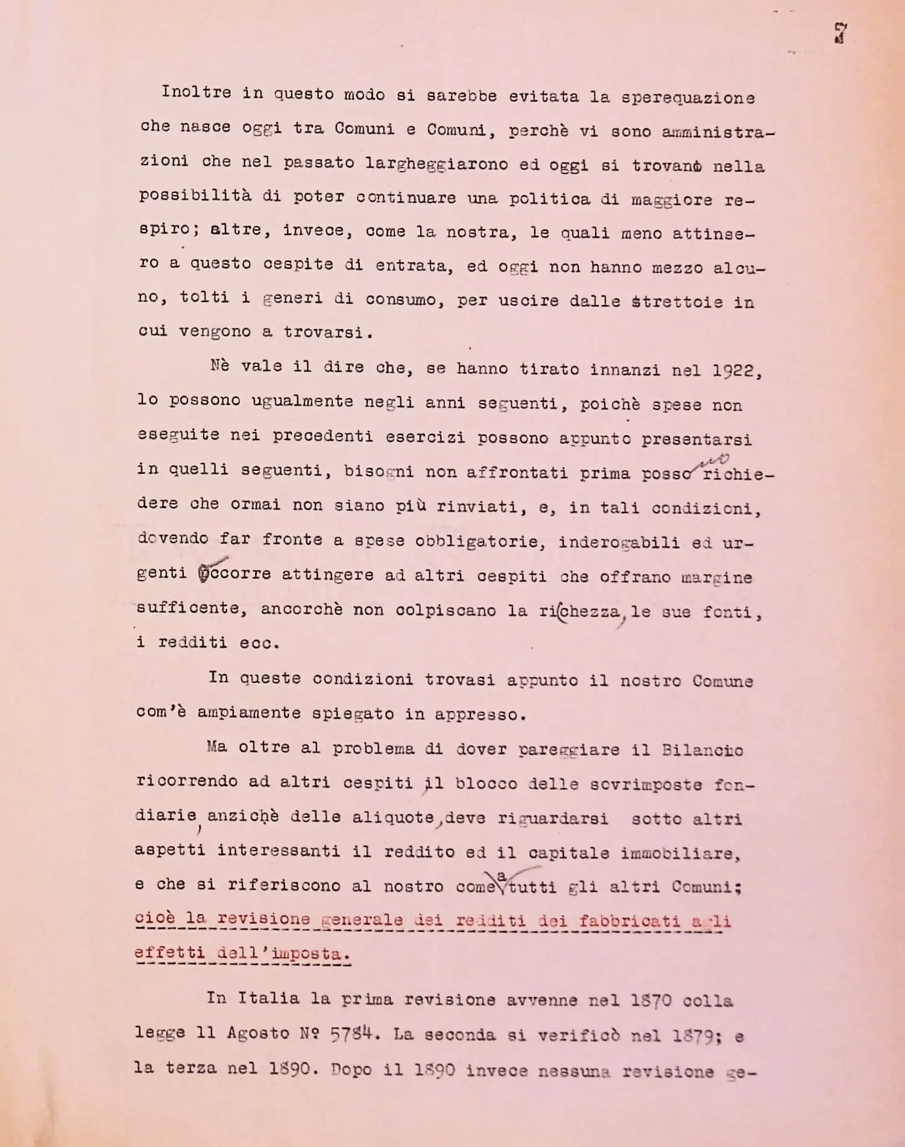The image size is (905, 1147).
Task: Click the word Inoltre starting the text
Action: click(x=196, y=93)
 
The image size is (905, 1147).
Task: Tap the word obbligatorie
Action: click(x=480, y=541)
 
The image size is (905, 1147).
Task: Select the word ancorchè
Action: click(x=301, y=609)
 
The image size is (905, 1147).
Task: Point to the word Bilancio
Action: click(x=702, y=750)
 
